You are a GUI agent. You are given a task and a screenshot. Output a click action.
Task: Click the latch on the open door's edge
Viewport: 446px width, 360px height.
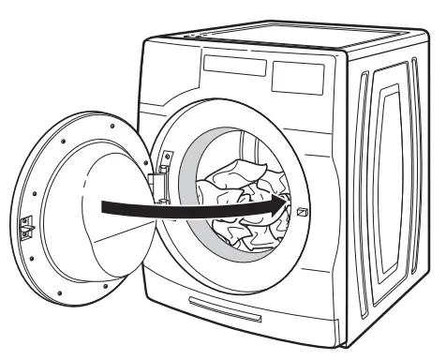pos(27,226)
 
